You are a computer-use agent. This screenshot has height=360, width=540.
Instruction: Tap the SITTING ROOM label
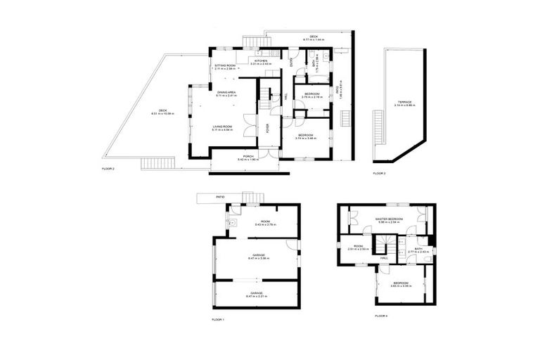[x=225, y=65]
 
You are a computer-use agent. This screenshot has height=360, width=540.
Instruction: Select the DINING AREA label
[x=226, y=92]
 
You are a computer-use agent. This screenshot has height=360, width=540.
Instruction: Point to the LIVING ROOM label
[x=224, y=127]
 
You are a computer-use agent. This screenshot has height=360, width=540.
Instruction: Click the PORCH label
[x=248, y=156]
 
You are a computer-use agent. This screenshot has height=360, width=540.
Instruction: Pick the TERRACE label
[x=404, y=103]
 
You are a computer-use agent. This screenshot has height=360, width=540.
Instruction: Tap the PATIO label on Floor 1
[x=220, y=197]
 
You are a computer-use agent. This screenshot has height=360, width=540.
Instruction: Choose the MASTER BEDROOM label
[x=389, y=219]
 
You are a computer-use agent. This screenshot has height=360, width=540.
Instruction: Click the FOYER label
[x=267, y=127]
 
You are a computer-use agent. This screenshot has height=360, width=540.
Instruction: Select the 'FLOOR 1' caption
[x=218, y=319]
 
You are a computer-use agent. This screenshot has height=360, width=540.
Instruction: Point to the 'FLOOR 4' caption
[x=380, y=316]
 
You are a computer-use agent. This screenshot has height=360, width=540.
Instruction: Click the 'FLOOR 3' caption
[x=379, y=172]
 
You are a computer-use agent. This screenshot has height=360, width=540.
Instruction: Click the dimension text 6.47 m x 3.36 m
[x=258, y=259]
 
